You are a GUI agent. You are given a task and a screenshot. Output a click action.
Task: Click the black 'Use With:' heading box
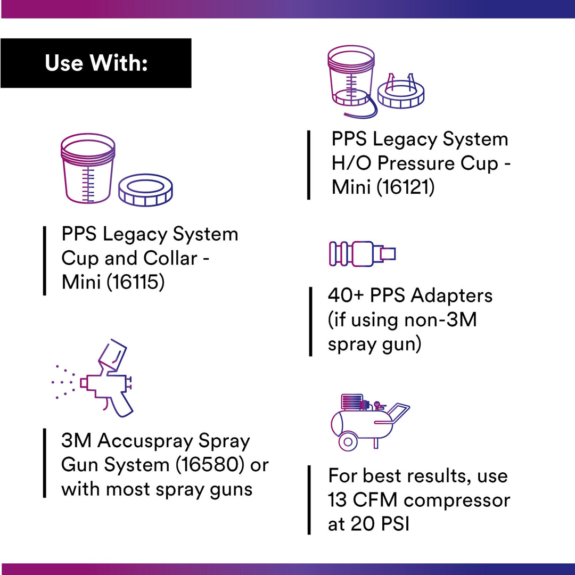(x=96, y=63)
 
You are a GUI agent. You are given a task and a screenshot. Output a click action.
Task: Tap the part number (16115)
(x=136, y=282)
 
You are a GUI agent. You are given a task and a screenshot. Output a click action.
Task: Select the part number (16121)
(x=406, y=187)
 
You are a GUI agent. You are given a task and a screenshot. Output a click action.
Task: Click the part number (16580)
(x=211, y=465)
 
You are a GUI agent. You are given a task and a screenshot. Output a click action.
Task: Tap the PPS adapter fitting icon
(x=362, y=253)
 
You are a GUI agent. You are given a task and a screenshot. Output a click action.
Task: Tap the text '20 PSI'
(x=380, y=524)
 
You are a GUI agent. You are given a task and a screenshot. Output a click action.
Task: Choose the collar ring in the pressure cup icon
(x=400, y=95)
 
